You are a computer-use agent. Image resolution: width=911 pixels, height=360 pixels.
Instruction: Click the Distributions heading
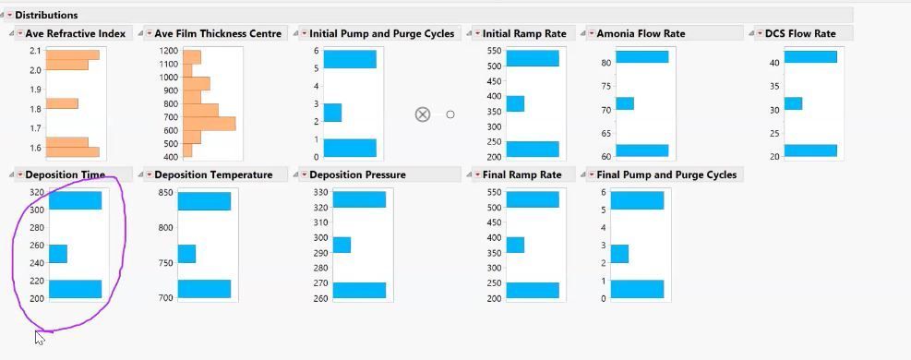[x=46, y=15]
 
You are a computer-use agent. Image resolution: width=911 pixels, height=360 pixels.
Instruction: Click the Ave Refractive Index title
[x=75, y=33]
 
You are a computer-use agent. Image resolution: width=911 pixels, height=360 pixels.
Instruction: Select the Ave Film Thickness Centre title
[x=218, y=33]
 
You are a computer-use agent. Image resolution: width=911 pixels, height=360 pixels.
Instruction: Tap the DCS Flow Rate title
[x=800, y=33]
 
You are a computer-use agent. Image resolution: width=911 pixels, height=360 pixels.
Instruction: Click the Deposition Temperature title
[x=213, y=174]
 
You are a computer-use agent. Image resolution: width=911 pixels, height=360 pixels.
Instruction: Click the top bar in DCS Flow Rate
[x=809, y=57]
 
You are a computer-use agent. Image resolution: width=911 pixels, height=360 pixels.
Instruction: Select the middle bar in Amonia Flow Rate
[x=625, y=103]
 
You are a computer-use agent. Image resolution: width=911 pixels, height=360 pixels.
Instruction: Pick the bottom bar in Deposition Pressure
[x=359, y=290]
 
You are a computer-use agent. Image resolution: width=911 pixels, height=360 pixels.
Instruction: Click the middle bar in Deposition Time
[x=58, y=254]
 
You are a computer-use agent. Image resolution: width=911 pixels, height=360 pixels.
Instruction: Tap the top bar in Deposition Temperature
[x=204, y=201]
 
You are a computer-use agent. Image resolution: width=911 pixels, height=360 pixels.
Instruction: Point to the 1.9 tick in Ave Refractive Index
[x=34, y=90]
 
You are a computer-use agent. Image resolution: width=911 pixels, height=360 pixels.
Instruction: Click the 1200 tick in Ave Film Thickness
[x=167, y=51]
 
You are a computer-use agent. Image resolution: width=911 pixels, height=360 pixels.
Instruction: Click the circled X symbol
[x=423, y=114]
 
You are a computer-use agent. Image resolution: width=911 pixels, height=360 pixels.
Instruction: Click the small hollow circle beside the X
[x=450, y=114]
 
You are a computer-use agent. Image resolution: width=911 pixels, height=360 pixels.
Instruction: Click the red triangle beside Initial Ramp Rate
[x=477, y=34]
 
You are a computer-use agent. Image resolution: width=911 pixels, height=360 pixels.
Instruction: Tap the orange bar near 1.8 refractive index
[x=62, y=103]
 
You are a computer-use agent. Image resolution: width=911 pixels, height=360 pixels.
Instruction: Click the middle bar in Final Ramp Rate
[x=515, y=245]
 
